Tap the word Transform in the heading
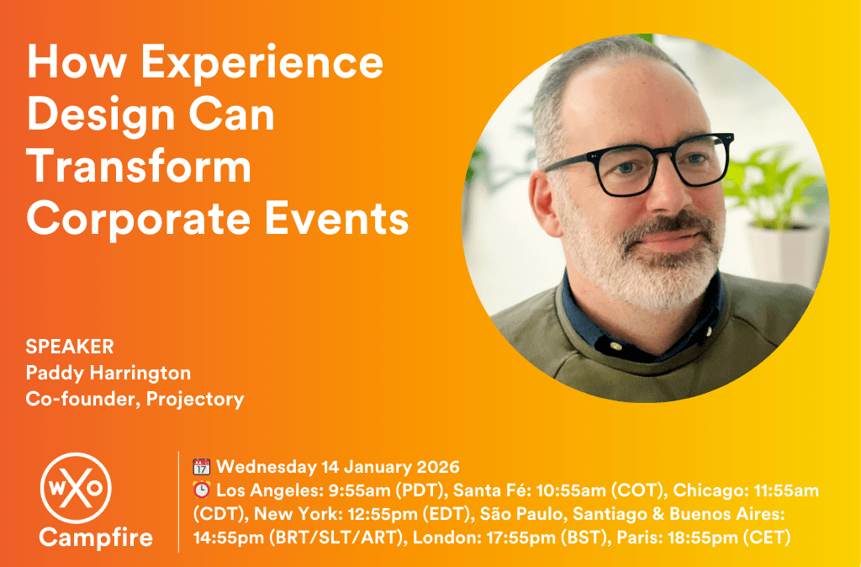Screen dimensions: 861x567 click(x=139, y=167)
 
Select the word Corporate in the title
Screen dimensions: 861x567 click(x=139, y=219)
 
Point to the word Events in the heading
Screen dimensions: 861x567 click(x=336, y=219)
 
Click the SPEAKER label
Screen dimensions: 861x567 click(x=70, y=347)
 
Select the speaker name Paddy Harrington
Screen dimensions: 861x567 click(x=108, y=373)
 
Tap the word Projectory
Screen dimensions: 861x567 click(x=195, y=399)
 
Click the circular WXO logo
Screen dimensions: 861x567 click(x=76, y=488)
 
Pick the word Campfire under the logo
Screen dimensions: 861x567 click(x=96, y=538)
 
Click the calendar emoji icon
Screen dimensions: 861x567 click(x=202, y=467)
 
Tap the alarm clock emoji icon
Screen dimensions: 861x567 click(x=202, y=490)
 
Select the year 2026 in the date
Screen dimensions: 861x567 click(x=437, y=467)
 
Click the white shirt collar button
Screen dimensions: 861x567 click(x=615, y=347)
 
